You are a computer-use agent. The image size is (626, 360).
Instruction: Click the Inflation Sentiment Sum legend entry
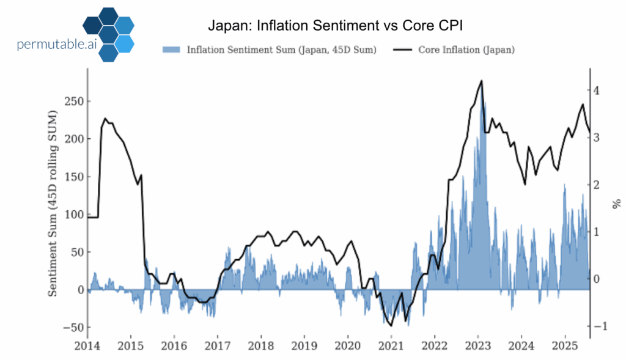pyautogui.click(x=269, y=50)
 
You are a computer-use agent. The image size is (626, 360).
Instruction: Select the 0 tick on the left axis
pyautogui.click(x=78, y=290)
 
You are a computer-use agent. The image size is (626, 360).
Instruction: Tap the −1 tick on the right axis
pyautogui.click(x=597, y=326)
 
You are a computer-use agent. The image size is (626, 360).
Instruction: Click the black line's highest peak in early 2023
pyautogui.click(x=482, y=81)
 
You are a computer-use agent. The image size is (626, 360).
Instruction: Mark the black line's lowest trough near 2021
pyautogui.click(x=391, y=326)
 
